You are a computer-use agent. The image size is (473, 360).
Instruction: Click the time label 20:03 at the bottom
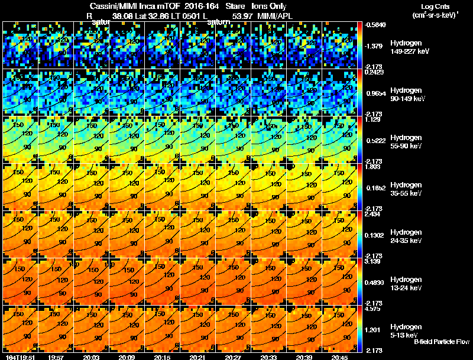[91, 357]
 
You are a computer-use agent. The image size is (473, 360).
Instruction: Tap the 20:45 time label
[339, 357]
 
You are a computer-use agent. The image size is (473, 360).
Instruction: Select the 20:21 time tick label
[197, 357]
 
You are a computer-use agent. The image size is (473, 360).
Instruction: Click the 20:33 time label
[268, 357]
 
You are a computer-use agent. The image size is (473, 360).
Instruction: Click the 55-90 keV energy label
[405, 145]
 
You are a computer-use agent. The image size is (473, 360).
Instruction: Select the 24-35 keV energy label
[405, 240]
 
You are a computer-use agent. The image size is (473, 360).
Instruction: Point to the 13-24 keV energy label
[405, 287]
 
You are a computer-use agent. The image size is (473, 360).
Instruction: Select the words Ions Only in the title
[265, 7]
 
